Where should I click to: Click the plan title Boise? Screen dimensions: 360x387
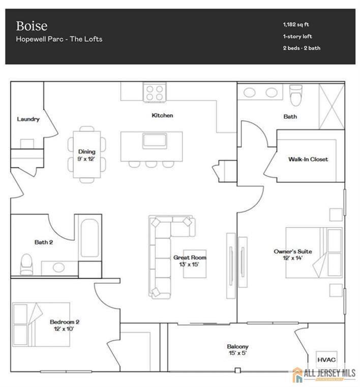point(32,26)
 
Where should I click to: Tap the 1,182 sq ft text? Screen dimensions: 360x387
point(296,24)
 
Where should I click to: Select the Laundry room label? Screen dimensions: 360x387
point(28,119)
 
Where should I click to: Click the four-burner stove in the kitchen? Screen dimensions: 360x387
point(155,92)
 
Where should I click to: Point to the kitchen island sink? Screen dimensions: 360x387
point(155,141)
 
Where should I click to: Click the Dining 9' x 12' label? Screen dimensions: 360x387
point(86,155)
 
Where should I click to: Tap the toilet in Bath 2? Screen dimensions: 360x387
point(26,264)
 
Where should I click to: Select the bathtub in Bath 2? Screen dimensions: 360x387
point(89,238)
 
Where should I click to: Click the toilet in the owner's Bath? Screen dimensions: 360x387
point(295,95)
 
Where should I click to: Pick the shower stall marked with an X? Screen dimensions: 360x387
point(332,106)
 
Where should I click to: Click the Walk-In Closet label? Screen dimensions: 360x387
point(308,159)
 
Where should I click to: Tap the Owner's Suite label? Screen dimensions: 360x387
point(293,255)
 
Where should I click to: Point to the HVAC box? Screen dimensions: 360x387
point(326,360)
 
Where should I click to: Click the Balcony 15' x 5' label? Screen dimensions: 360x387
point(237,350)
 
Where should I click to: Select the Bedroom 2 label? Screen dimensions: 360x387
point(65,326)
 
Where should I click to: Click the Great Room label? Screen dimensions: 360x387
point(190,261)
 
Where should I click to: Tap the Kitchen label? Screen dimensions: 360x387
point(162,115)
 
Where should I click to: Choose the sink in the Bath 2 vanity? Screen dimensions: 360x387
point(58,267)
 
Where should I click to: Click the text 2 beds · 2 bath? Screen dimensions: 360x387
point(302,48)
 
